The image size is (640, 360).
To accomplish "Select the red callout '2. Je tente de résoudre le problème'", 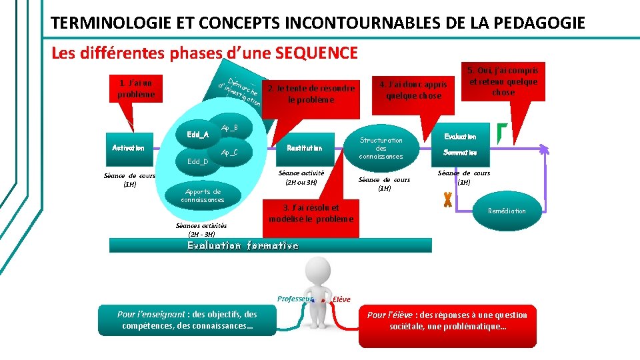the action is click(x=312, y=94).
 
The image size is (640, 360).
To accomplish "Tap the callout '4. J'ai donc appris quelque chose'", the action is click(x=413, y=89).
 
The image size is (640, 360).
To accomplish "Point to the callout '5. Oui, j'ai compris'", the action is click(x=503, y=81).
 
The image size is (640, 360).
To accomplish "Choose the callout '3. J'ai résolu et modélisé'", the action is click(x=311, y=213).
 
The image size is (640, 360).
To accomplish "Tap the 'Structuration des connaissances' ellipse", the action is click(x=381, y=148).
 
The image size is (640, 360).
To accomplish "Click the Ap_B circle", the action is click(x=229, y=128).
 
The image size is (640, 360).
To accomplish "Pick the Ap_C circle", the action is click(x=229, y=153).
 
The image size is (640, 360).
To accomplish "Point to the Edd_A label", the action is click(x=198, y=135).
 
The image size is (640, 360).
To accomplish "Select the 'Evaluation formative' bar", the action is click(x=270, y=245).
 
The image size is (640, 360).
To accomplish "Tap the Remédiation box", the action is click(x=507, y=211).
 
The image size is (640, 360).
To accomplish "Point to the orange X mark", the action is click(x=448, y=199).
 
